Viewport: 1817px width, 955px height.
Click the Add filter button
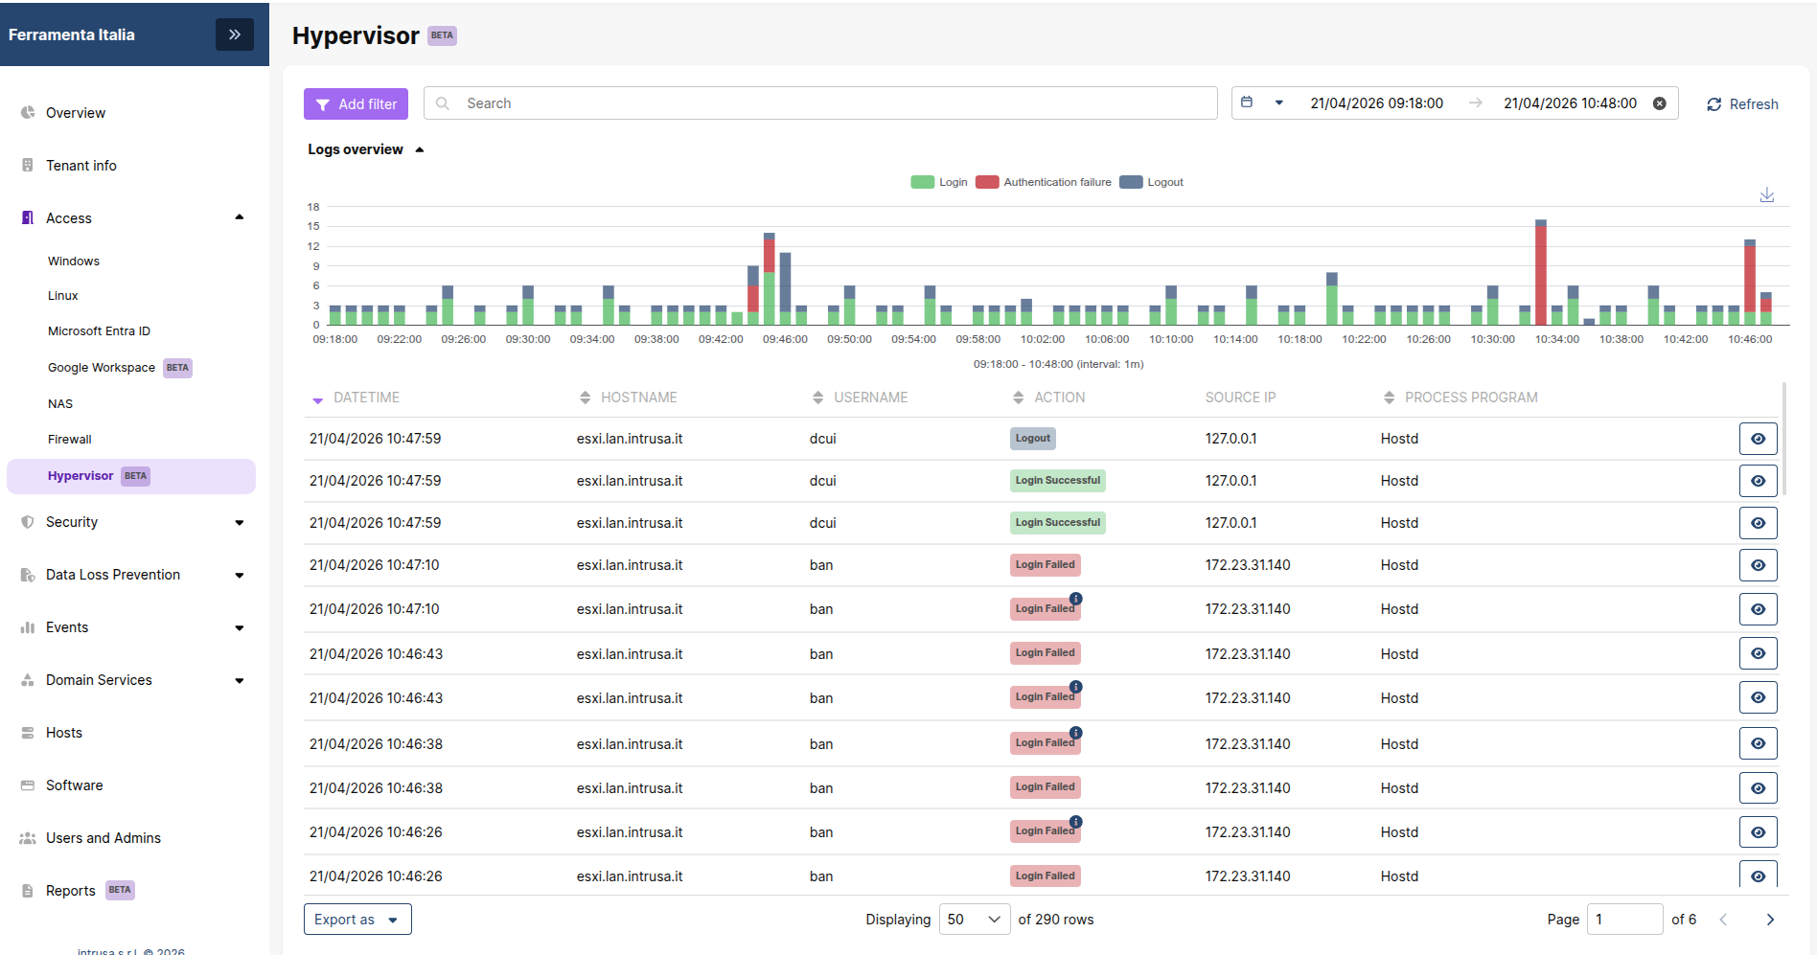click(x=356, y=104)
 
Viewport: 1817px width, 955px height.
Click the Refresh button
click(x=1742, y=104)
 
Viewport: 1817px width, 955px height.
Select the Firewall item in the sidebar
click(x=70, y=440)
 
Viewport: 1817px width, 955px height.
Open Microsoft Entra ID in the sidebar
click(x=99, y=331)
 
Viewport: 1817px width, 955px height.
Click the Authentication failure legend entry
click(x=1044, y=182)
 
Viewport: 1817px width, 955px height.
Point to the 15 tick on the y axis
click(x=313, y=226)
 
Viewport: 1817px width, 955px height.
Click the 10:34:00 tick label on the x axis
click(x=1557, y=339)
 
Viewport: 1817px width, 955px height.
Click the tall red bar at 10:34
click(x=1541, y=275)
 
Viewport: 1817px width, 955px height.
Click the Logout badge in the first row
click(x=1033, y=439)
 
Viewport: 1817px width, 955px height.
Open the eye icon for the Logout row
click(x=1759, y=439)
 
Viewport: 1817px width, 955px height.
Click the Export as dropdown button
click(x=357, y=920)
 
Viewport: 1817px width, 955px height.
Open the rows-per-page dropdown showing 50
click(x=975, y=920)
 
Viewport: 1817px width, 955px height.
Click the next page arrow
click(x=1770, y=920)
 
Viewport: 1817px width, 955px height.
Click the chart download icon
click(x=1767, y=195)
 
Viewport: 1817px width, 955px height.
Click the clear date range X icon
click(x=1660, y=103)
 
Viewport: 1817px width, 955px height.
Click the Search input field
click(x=820, y=103)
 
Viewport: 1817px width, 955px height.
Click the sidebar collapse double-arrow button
click(x=235, y=34)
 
